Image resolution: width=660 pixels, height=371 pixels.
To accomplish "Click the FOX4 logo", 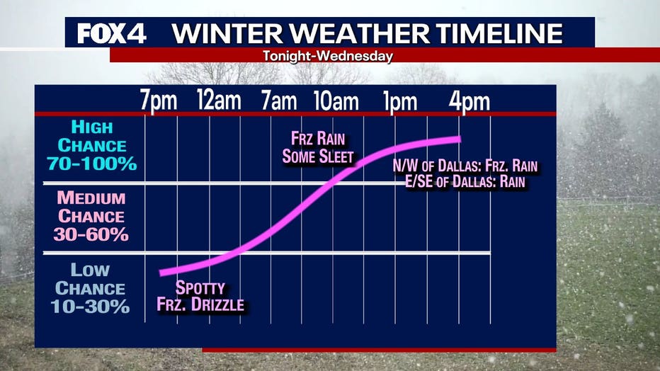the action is pos(112,34).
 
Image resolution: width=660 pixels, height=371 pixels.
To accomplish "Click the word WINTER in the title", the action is pos(227,34).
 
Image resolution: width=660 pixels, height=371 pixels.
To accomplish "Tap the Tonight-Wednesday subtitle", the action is pos(328,56).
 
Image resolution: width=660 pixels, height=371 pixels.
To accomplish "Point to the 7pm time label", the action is pos(159,101).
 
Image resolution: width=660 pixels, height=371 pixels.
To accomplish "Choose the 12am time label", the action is pos(220,101).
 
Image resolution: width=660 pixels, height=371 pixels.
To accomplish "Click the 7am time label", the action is pos(278,101).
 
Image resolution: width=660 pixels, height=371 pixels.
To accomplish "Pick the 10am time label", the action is pos(336,101).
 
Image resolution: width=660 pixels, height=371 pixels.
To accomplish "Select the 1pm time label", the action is pos(400,101).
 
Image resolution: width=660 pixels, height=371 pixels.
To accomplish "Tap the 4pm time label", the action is pos(470,101).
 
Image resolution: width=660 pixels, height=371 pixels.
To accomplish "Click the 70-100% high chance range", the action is pos(92,164).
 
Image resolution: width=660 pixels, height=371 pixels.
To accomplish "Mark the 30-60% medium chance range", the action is pos(91,234).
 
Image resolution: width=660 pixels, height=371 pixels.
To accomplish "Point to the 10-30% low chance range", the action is pos(90,307).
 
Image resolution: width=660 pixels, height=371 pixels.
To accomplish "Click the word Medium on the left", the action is pos(91,198).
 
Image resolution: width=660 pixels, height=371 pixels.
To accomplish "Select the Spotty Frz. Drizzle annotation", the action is pos(200,296).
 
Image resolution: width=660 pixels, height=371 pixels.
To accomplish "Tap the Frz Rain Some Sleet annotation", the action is pos(318,148).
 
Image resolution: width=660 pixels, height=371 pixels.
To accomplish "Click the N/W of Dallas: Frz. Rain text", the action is pos(465,166).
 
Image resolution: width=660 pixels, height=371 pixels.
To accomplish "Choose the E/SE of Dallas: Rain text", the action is pos(465,182).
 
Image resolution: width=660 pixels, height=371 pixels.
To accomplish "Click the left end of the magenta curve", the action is pos(161,273).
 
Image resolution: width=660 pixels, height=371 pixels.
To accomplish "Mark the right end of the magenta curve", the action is pos(460,139).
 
